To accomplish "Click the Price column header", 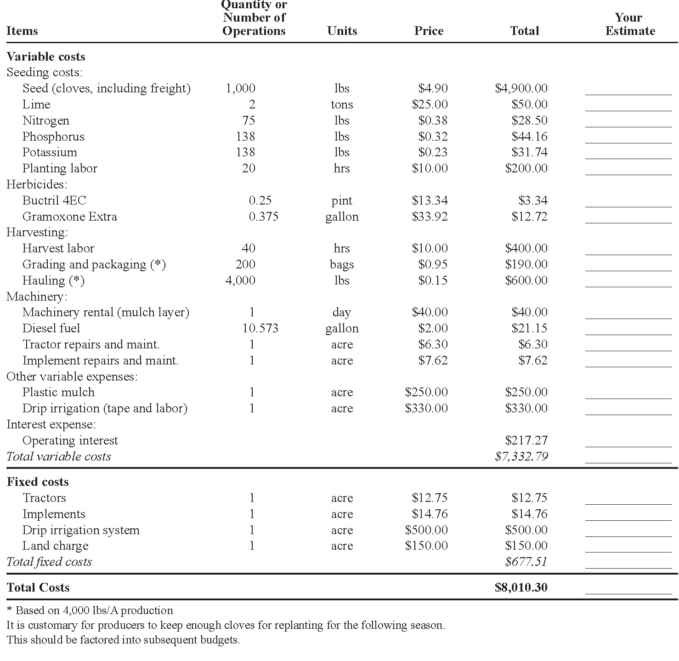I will pos(429,31).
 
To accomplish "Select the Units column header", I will pos(342,31).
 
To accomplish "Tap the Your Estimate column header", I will pos(629,24).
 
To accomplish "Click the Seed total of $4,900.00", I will pos(521,88).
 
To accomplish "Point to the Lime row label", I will pos(36,104).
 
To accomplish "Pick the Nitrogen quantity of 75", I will pos(249,120).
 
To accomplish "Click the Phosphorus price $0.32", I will pos(433,137).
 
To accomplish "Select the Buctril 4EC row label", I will pos(54,200).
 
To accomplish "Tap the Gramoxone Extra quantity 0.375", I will pos(263,217).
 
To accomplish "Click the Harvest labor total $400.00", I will pos(526,248).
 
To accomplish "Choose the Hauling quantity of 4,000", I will pos(240,280).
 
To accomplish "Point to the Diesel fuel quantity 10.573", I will pos(260,328).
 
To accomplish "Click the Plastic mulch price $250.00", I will pos(426,392).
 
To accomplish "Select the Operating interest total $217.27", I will pos(526,440).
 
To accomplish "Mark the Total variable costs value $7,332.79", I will pos(521,456).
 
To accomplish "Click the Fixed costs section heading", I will pos(38,482).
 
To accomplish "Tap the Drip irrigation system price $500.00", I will pos(426,530).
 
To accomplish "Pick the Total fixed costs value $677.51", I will pos(526,562).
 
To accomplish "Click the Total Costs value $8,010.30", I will pos(521,587).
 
